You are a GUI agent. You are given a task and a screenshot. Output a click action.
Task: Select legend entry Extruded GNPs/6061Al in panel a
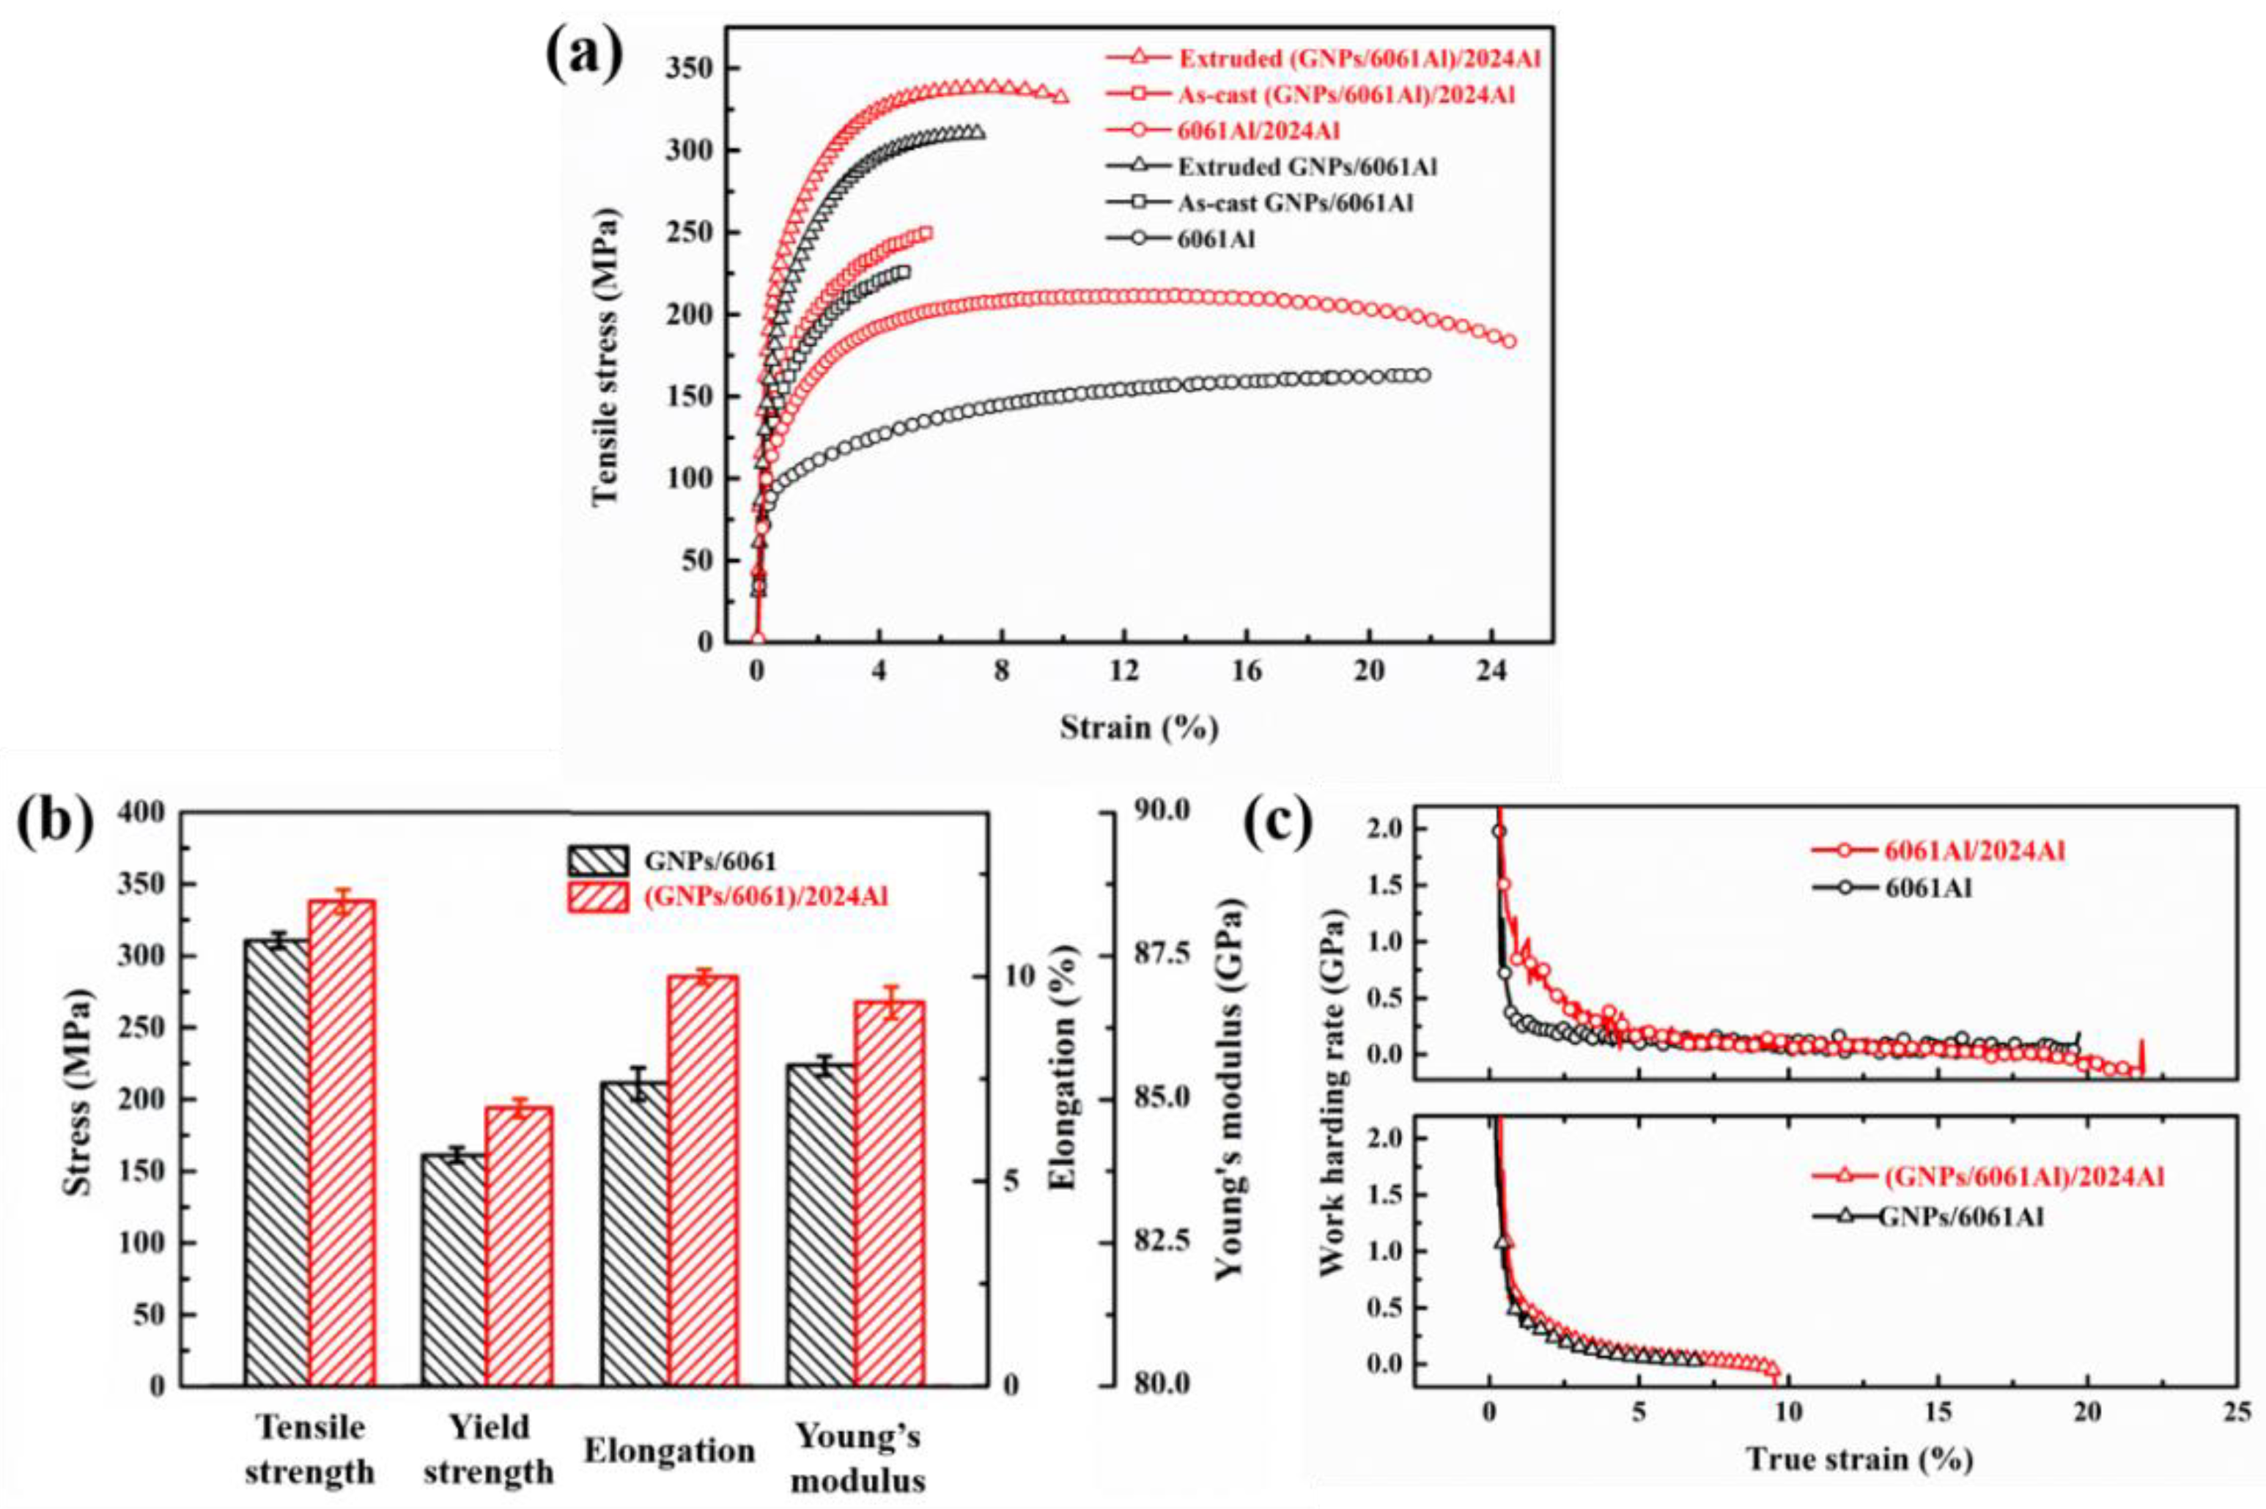coord(1307,166)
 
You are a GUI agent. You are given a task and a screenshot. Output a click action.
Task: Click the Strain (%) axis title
coord(1140,728)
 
